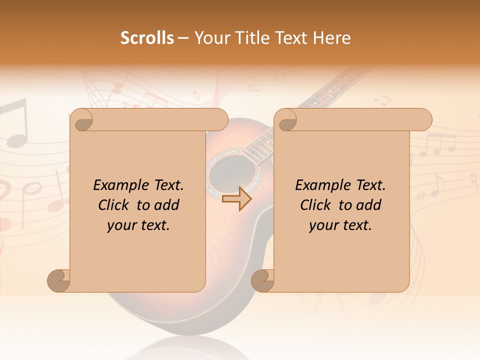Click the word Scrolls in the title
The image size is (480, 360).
[x=147, y=38]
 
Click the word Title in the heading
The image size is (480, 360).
[x=248, y=38]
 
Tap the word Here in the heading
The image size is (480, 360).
[x=331, y=38]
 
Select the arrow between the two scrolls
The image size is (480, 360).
[x=237, y=199]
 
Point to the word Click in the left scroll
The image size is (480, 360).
[x=115, y=205]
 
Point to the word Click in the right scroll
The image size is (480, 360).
[x=317, y=205]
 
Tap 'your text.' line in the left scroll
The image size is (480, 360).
[x=138, y=225]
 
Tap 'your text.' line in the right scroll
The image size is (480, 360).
[x=340, y=225]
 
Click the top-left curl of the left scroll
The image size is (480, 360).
[x=81, y=120]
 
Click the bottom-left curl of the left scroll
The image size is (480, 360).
[x=58, y=280]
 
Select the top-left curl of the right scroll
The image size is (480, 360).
[x=285, y=120]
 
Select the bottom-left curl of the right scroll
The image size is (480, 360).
[x=262, y=280]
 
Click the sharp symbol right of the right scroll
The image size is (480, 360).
[x=420, y=194]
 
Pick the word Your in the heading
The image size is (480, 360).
[x=210, y=38]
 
